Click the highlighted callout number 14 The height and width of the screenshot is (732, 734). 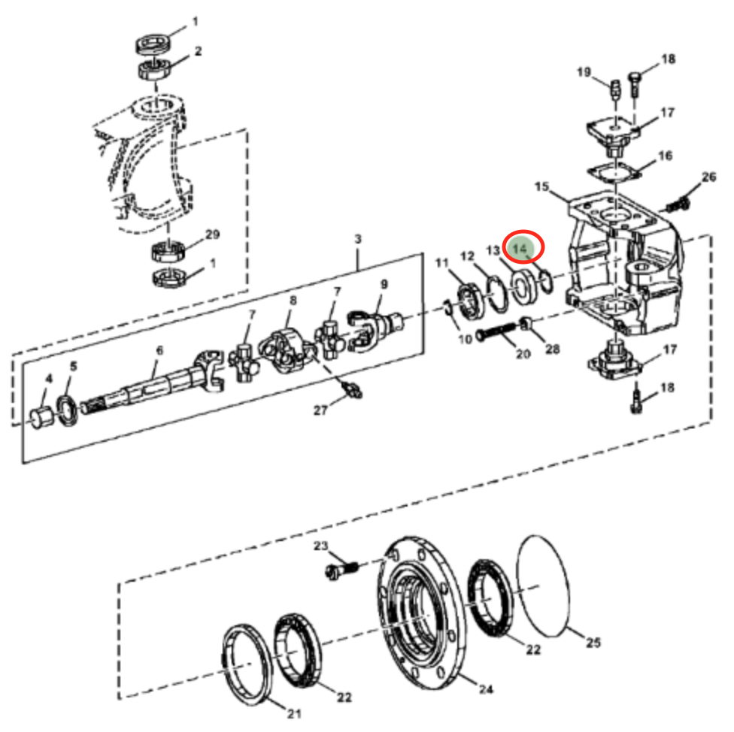click(x=520, y=249)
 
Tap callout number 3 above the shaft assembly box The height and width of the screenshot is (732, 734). click(x=358, y=239)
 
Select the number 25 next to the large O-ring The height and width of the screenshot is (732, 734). click(x=593, y=643)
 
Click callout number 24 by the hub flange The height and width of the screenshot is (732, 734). click(x=486, y=689)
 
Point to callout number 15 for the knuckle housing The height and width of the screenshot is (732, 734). click(x=541, y=186)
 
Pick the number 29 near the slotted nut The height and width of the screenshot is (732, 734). click(x=213, y=234)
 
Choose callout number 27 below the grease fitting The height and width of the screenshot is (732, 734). click(x=320, y=410)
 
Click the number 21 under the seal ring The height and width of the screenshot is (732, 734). click(x=294, y=714)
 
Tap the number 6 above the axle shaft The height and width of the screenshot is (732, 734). click(x=159, y=350)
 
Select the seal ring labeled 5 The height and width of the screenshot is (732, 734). click(x=68, y=410)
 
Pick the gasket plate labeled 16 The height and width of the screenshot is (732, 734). click(x=613, y=174)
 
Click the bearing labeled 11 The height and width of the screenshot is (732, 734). click(x=470, y=302)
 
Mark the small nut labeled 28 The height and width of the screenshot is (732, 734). click(x=526, y=323)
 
